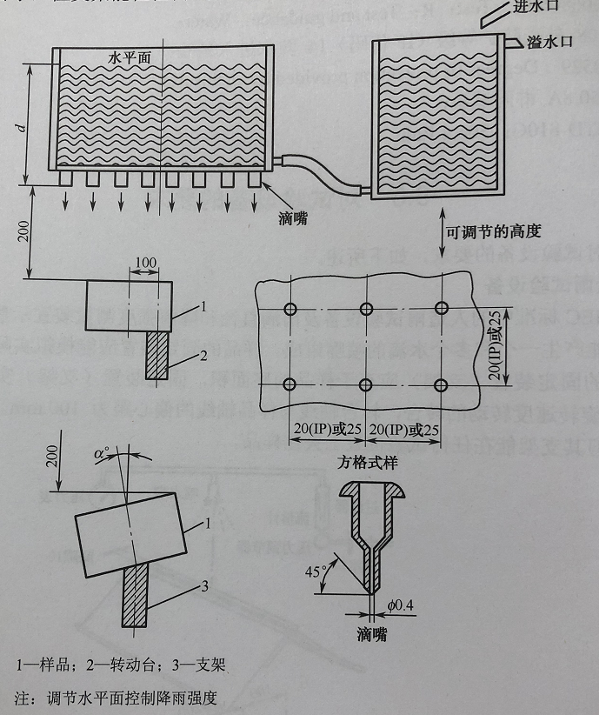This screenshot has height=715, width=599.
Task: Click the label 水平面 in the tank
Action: click(130, 57)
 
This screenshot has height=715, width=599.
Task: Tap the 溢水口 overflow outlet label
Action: click(549, 41)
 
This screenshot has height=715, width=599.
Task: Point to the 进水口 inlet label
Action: click(562, 8)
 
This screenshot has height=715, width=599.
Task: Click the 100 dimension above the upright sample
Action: click(146, 263)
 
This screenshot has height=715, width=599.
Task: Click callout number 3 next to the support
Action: click(204, 588)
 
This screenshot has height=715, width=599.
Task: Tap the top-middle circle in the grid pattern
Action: click(366, 309)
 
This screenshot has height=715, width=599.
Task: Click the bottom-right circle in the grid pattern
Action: click(442, 384)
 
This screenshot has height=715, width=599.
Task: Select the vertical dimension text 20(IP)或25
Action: click(495, 344)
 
